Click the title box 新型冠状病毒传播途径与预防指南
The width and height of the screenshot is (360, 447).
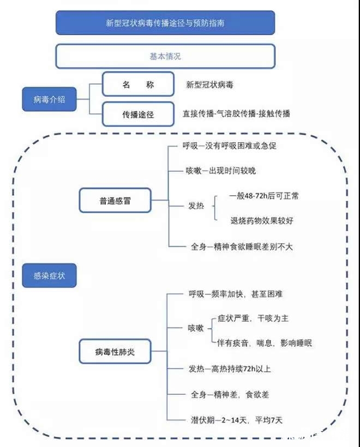tap(165, 23)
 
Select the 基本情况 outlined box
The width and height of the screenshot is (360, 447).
tap(165, 56)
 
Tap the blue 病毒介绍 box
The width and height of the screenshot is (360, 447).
tap(49, 99)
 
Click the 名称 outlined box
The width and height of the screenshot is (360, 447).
tap(138, 84)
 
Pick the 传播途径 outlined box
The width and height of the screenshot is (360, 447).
tap(138, 114)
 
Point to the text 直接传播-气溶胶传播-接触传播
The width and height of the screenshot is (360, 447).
tap(237, 114)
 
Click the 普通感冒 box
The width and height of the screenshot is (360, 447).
tap(115, 201)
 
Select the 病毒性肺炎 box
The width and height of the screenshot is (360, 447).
tap(115, 351)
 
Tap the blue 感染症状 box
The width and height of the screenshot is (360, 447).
tap(49, 275)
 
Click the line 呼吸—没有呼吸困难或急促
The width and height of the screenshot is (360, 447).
tap(230, 146)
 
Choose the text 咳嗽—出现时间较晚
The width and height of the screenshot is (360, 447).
tap(221, 171)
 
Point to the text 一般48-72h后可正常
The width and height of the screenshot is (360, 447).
tap(264, 196)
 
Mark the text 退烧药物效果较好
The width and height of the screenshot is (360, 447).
tap(262, 220)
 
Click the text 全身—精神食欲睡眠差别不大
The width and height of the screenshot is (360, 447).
tap(242, 246)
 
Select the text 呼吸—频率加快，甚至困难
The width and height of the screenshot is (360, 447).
tap(236, 294)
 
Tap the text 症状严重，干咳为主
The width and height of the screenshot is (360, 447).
tap(253, 318)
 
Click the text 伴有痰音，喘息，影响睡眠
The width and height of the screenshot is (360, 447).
tap(265, 343)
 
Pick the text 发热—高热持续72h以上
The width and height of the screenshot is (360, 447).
tap(230, 369)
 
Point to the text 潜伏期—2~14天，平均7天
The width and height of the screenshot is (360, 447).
tap(237, 420)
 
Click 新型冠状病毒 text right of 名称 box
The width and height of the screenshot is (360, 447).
tap(209, 84)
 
